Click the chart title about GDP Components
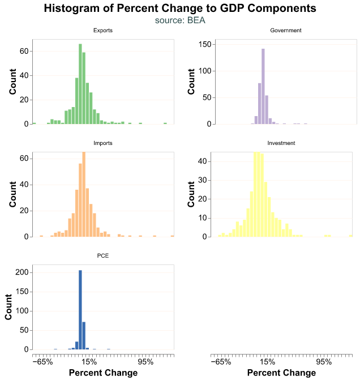179,8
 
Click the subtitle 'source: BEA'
179,20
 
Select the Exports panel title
102,31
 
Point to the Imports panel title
102,143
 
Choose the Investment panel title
281,143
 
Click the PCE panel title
102,256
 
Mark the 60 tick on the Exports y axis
24,51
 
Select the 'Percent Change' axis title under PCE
102,373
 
